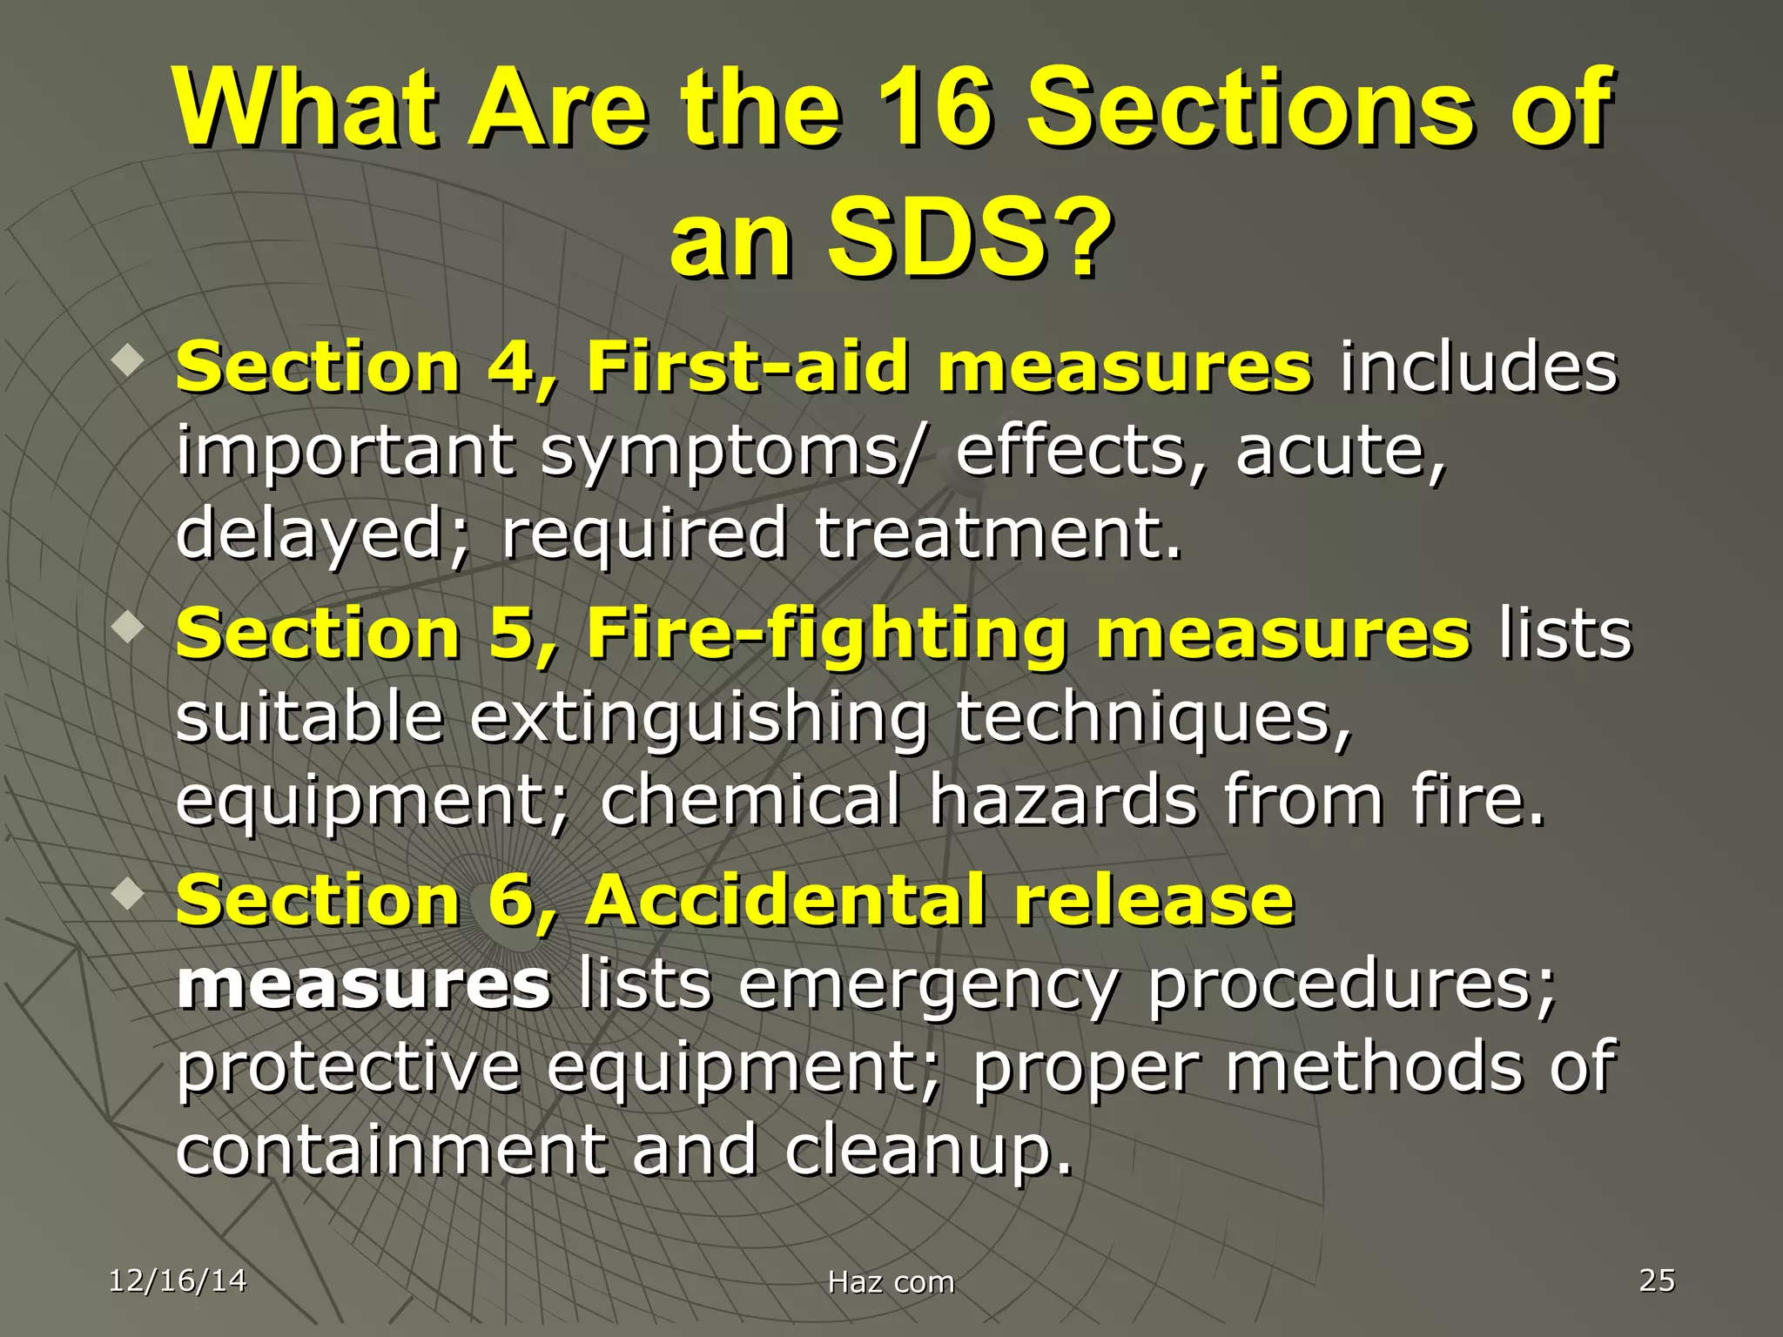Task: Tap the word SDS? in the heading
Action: pos(969,237)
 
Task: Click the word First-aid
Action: pos(747,366)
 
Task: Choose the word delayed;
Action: pos(323,534)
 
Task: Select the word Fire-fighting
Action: pos(826,633)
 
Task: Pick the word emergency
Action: pos(927,986)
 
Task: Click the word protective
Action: pos(348,1068)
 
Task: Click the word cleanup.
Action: pos(929,1151)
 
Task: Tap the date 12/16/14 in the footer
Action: pos(178,1280)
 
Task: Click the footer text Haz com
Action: pos(891,1282)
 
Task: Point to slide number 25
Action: pos(1657,1280)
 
